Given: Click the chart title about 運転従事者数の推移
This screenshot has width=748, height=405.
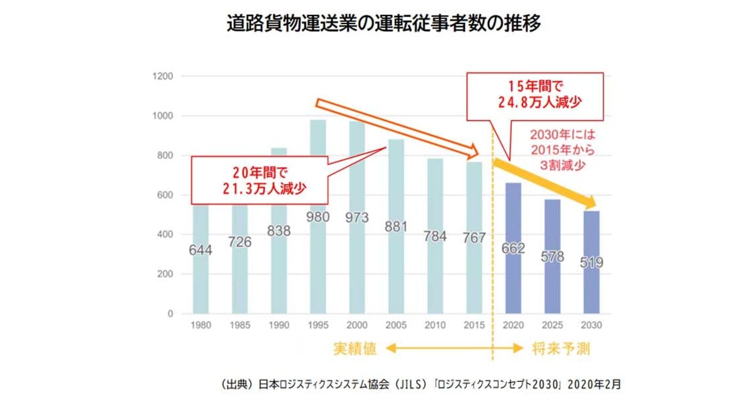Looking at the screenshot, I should [x=384, y=24].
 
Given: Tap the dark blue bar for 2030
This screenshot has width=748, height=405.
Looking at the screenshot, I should [x=591, y=289].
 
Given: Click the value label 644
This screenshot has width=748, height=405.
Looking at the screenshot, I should [x=200, y=250].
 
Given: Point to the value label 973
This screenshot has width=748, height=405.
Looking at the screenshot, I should [x=357, y=217].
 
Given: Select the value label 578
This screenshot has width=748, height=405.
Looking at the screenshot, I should [x=552, y=256].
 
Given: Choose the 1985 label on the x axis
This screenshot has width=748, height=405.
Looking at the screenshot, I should [x=240, y=325].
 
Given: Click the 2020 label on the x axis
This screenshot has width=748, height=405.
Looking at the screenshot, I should [x=513, y=325].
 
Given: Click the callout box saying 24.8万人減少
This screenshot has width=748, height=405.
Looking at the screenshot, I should [x=535, y=96].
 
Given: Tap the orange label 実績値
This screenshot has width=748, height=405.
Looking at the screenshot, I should [x=355, y=349].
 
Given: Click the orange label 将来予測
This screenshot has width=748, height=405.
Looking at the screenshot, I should [x=560, y=349].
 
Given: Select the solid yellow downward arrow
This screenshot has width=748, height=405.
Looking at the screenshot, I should [x=545, y=182].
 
